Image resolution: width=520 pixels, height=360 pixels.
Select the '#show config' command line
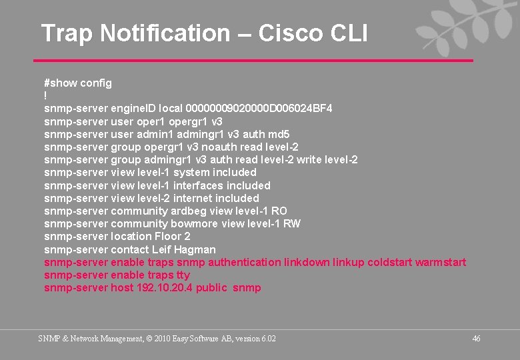[78, 83]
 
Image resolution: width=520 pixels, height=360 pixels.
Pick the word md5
[277, 134]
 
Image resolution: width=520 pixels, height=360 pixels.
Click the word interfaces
[198, 185]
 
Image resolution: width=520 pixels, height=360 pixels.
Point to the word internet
[194, 198]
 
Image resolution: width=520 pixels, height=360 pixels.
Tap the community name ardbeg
[189, 211]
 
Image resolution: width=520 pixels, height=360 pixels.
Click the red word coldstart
[390, 262]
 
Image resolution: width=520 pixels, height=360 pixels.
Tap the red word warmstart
[441, 262]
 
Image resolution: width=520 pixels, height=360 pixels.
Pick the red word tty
[183, 275]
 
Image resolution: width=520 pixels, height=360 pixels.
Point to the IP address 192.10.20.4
[161, 288]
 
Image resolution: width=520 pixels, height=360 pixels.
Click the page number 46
[476, 339]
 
